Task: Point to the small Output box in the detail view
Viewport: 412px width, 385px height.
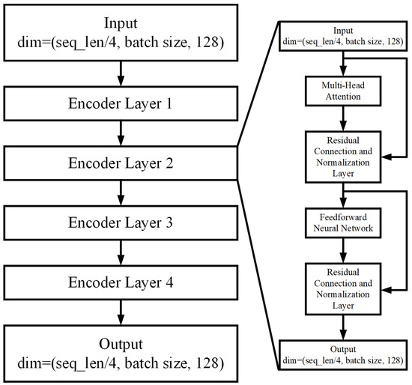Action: click(x=343, y=354)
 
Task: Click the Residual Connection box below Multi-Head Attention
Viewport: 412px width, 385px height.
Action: click(x=343, y=156)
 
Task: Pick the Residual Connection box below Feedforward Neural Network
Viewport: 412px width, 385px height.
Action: click(x=343, y=286)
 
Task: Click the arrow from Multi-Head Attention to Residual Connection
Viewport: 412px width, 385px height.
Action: click(x=343, y=118)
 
